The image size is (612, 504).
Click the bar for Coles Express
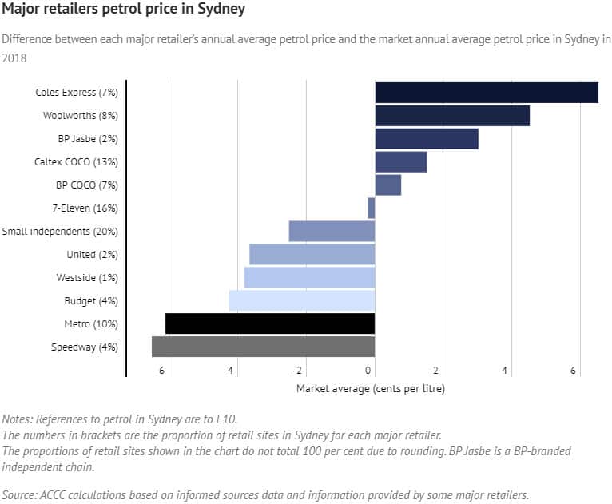pyautogui.click(x=486, y=93)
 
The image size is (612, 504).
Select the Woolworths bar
pyautogui.click(x=451, y=116)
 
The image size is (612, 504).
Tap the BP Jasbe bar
pyautogui.click(x=426, y=139)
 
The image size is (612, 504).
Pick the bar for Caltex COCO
pyautogui.click(x=400, y=162)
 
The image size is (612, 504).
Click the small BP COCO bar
pyautogui.click(x=387, y=185)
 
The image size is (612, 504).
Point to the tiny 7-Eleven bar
pyautogui.click(x=371, y=208)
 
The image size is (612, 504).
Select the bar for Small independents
pyautogui.click(x=332, y=232)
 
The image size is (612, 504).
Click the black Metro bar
pyautogui.click(x=270, y=323)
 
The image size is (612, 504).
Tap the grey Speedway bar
pyautogui.click(x=263, y=347)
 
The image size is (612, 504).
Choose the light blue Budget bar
pyautogui.click(x=301, y=300)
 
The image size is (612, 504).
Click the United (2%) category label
pyautogui.click(x=92, y=255)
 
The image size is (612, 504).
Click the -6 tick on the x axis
pyautogui.click(x=161, y=371)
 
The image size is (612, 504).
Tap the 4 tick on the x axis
pyautogui.click(x=505, y=371)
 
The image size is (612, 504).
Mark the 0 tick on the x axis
pyautogui.click(x=369, y=371)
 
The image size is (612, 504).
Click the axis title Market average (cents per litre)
pyautogui.click(x=370, y=389)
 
